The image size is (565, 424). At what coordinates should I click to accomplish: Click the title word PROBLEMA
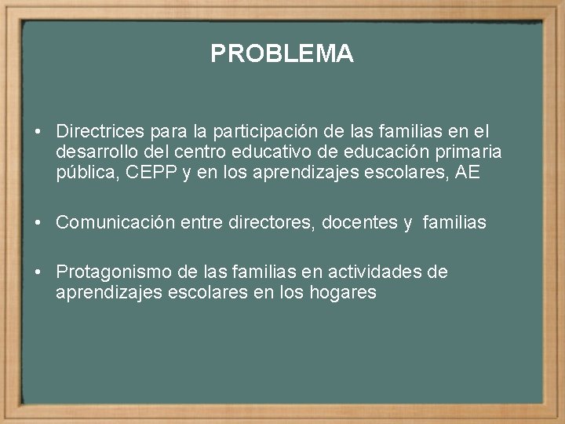click(282, 53)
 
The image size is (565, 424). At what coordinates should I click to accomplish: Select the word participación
click(264, 131)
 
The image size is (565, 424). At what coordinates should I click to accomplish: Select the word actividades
click(368, 272)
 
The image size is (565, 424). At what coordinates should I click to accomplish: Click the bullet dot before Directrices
click(38, 132)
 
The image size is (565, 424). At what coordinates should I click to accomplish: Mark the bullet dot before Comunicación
click(38, 224)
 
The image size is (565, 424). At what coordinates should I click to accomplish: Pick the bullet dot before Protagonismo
click(38, 273)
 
